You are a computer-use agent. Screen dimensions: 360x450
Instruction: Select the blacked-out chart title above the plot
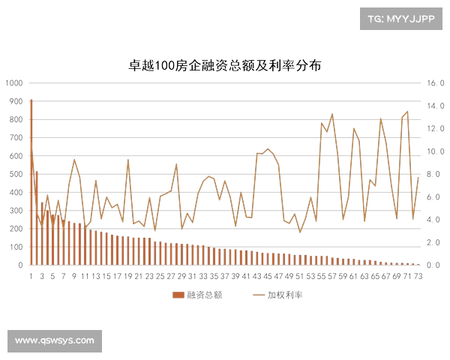(x=225, y=64)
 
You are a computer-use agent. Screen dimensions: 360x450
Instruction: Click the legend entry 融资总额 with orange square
(x=196, y=295)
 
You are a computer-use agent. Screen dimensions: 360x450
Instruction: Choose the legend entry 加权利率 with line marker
(x=278, y=295)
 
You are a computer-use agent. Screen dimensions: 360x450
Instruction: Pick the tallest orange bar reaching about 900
(x=31, y=180)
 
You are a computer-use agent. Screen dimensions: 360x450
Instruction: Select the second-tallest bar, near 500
(x=35, y=217)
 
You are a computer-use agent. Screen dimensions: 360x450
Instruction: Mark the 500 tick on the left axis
(x=14, y=173)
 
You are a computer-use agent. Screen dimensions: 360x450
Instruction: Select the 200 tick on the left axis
(x=14, y=228)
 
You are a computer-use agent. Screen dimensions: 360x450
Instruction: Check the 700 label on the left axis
(x=14, y=136)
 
